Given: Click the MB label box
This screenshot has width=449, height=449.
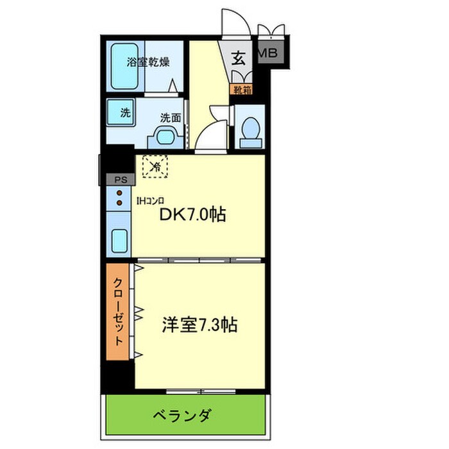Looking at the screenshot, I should (x=269, y=53).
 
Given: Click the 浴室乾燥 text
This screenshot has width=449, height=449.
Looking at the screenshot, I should (x=148, y=62).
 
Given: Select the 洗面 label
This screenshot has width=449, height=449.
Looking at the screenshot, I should (x=170, y=118).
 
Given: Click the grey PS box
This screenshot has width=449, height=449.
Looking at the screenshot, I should (x=119, y=180).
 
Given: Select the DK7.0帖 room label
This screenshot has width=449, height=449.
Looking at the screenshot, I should (x=192, y=215).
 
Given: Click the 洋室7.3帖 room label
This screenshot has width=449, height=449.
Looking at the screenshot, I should (x=199, y=325).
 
